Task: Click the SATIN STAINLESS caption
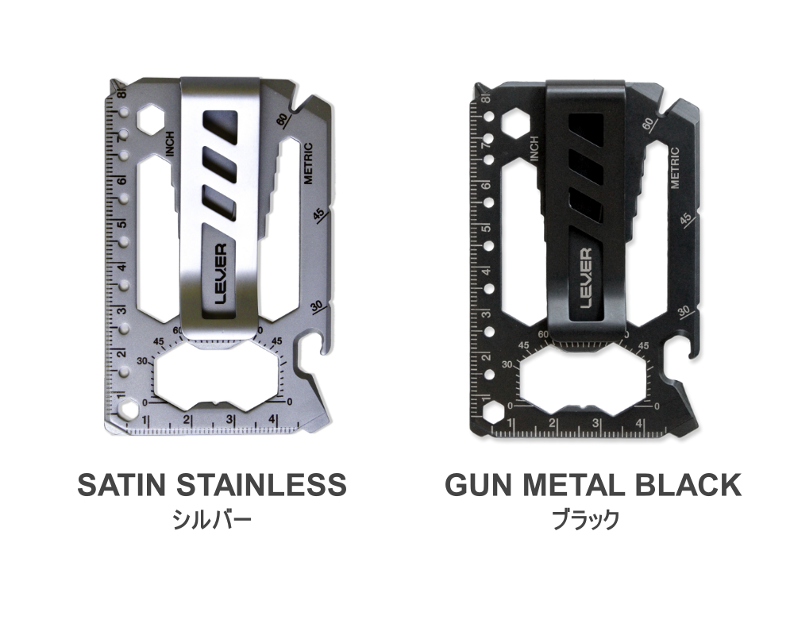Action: pyautogui.click(x=212, y=485)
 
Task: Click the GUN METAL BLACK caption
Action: pyautogui.click(x=593, y=485)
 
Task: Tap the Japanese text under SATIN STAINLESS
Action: pyautogui.click(x=212, y=520)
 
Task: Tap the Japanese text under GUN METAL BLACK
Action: pyautogui.click(x=586, y=520)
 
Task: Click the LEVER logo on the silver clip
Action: pyautogui.click(x=221, y=274)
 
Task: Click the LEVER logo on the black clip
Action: pyautogui.click(x=585, y=278)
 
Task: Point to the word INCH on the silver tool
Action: pyautogui.click(x=170, y=144)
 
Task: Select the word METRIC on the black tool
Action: pyautogui.click(x=674, y=168)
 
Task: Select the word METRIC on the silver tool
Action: pyautogui.click(x=308, y=164)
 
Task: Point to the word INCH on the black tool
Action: pyautogui.click(x=534, y=149)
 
